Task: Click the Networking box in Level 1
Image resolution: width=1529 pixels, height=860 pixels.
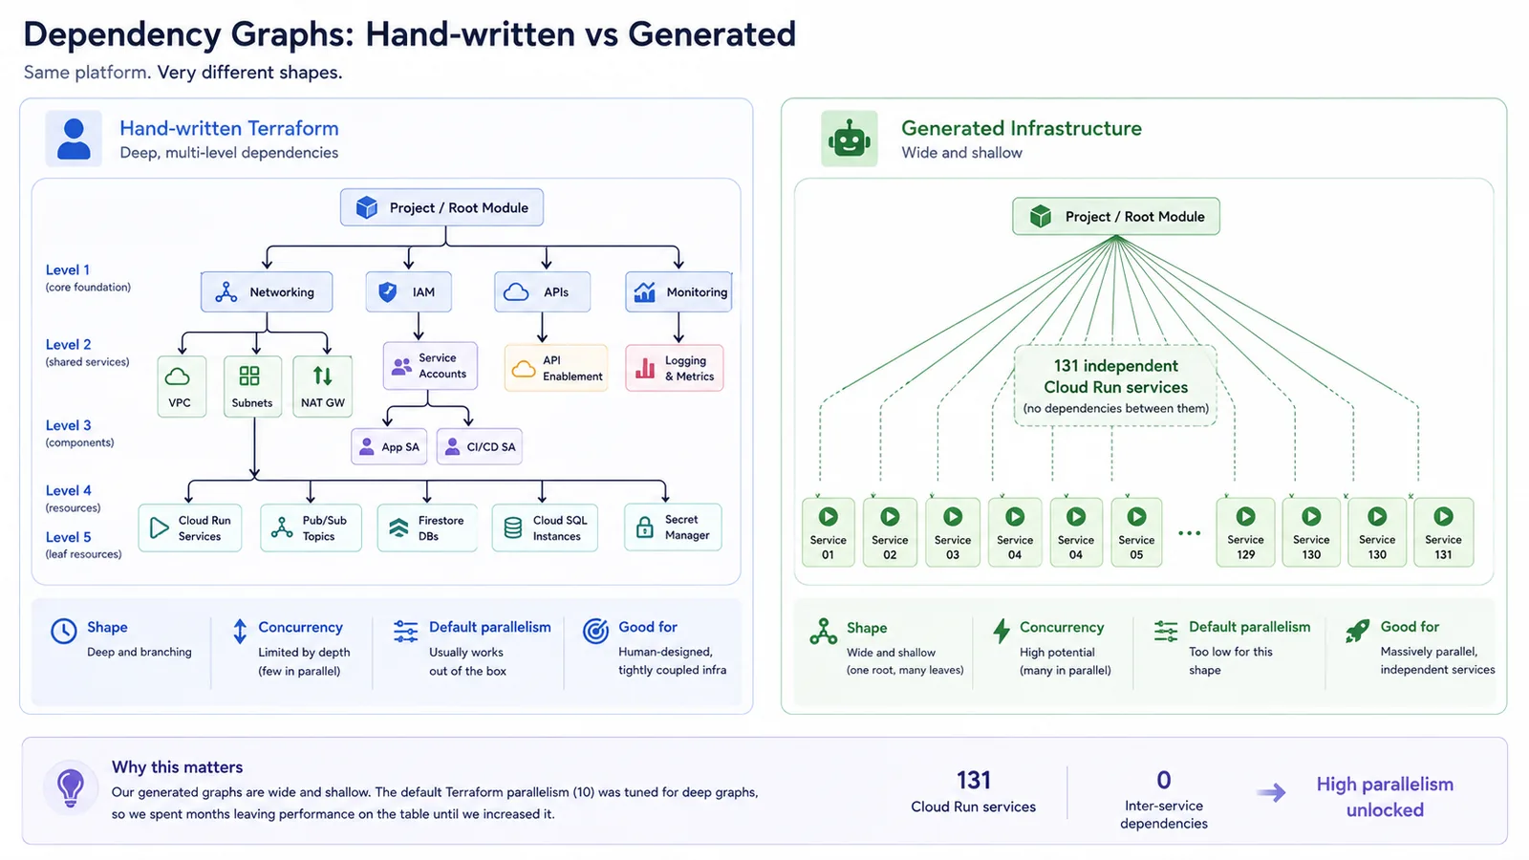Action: [267, 292]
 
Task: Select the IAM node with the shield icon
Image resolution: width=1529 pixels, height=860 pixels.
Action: [408, 292]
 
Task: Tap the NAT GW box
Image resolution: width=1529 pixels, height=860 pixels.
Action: [322, 386]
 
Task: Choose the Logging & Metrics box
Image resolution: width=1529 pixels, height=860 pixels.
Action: [675, 368]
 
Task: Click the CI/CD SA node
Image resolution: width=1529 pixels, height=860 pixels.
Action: [479, 446]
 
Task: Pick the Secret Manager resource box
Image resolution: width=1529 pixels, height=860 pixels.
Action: [673, 527]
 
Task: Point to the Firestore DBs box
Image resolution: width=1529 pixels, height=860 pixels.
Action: [427, 527]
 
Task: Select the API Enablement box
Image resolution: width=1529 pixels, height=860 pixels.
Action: [555, 368]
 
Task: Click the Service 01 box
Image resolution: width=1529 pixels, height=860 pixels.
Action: [828, 532]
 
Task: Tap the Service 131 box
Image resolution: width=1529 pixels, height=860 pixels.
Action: [1443, 532]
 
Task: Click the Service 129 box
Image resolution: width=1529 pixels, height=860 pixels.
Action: [1245, 532]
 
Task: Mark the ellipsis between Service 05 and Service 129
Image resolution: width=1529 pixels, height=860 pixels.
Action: [1189, 533]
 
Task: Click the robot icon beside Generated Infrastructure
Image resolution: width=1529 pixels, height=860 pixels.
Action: [850, 139]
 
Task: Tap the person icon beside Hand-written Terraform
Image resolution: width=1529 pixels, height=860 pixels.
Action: [74, 139]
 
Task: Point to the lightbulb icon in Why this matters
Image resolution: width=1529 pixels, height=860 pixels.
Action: [71, 787]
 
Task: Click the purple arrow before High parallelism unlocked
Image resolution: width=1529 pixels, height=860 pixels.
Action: [1271, 792]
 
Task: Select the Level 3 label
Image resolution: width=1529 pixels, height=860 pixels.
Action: [68, 425]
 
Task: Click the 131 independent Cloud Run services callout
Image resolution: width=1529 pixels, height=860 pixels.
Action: [1115, 386]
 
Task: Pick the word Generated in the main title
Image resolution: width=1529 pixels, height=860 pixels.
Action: [712, 34]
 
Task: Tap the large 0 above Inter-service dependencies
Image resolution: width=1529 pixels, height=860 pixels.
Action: [1164, 780]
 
